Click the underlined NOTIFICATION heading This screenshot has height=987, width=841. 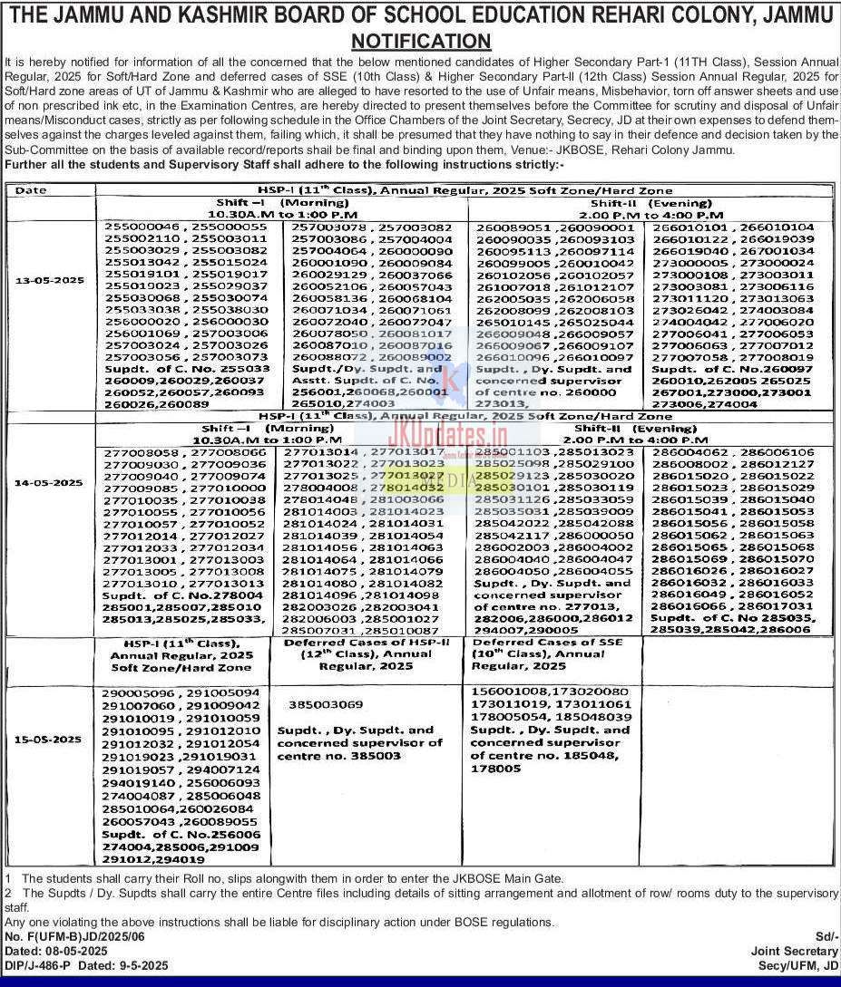pos(421,42)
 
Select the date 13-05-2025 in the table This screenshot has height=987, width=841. pos(49,281)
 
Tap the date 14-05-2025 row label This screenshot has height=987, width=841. pos(49,483)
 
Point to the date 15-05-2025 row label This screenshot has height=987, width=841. pos(49,740)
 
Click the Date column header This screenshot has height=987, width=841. pos(31,190)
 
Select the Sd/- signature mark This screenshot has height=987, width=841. pos(827,935)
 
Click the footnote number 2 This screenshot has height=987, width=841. pos(8,894)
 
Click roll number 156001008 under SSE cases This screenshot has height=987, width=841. pos(508,692)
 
